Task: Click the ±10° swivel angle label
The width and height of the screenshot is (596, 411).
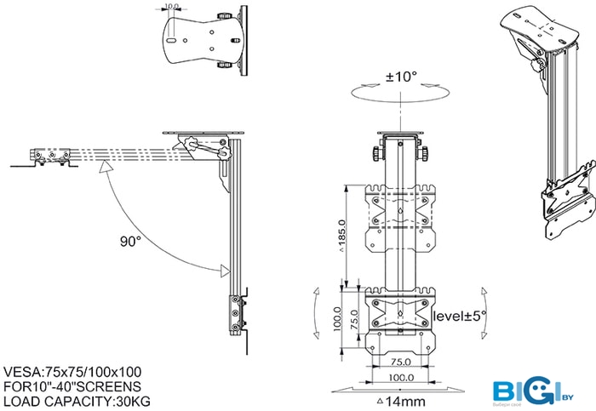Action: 402,76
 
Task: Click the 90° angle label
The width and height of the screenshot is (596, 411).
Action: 129,242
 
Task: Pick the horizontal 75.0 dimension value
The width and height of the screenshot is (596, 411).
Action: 400,362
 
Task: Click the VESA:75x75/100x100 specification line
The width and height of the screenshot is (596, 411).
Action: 72,372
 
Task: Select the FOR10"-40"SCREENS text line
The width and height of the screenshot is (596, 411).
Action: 72,386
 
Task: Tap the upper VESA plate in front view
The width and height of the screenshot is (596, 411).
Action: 400,218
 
